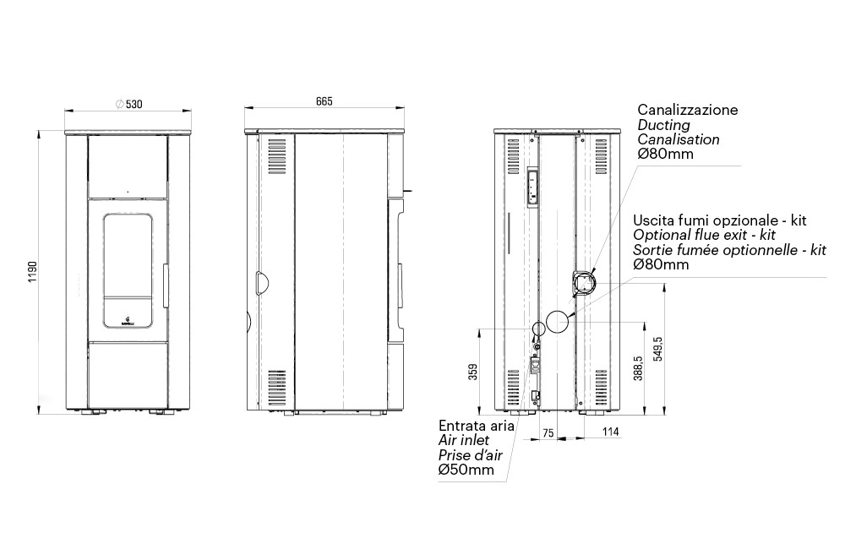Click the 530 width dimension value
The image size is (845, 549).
[134, 104]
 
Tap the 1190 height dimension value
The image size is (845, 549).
[33, 273]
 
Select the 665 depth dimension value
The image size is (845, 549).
[324, 101]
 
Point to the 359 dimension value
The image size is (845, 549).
[473, 372]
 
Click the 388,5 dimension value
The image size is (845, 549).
[638, 368]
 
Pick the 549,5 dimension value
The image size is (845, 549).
[657, 349]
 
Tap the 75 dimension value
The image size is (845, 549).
[548, 433]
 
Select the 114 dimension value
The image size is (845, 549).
[611, 432]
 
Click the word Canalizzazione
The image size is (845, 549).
[688, 110]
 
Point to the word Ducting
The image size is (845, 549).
[664, 125]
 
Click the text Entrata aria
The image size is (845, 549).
[477, 426]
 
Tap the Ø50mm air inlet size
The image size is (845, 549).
[466, 470]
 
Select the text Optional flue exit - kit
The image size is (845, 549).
[705, 235]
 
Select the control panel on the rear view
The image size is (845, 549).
[532, 186]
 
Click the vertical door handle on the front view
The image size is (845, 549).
[166, 285]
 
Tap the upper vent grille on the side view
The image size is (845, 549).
[276, 156]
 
